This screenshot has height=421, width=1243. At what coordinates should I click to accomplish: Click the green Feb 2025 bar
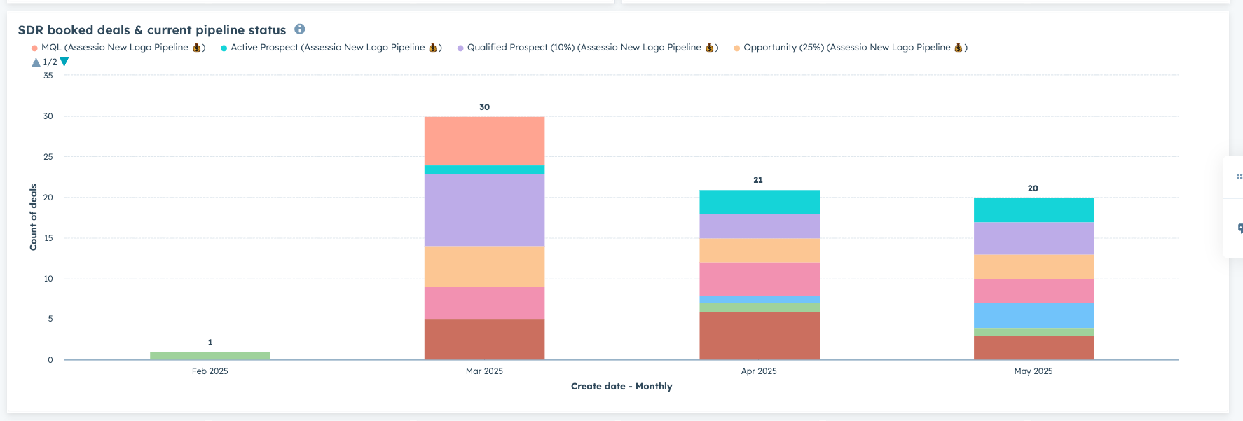(210, 356)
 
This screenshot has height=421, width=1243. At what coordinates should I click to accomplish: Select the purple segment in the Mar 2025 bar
(484, 209)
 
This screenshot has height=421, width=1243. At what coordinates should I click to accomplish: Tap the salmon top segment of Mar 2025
(484, 141)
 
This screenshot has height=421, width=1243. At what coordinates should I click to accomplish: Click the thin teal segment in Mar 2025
(484, 170)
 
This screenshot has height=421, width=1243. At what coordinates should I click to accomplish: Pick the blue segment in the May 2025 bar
(1033, 315)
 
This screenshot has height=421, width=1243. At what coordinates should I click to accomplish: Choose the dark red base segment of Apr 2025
(759, 336)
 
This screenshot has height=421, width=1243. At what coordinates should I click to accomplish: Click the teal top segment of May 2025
(1033, 209)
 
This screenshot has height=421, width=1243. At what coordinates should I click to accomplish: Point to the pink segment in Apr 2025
(759, 279)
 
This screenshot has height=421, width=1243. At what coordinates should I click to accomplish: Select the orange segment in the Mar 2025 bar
(484, 266)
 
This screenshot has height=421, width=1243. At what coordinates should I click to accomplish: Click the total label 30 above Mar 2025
(484, 107)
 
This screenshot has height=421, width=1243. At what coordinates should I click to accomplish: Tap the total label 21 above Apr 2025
(758, 180)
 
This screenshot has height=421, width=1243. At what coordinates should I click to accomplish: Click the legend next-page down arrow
(64, 62)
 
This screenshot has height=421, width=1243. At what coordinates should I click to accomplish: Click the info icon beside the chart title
(299, 29)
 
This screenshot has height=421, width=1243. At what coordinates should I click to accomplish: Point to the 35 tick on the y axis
(48, 76)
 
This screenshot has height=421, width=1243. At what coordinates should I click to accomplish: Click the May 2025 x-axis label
(1033, 371)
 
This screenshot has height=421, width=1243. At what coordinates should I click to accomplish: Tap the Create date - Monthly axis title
(621, 386)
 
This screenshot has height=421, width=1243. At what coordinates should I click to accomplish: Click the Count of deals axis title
(33, 217)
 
